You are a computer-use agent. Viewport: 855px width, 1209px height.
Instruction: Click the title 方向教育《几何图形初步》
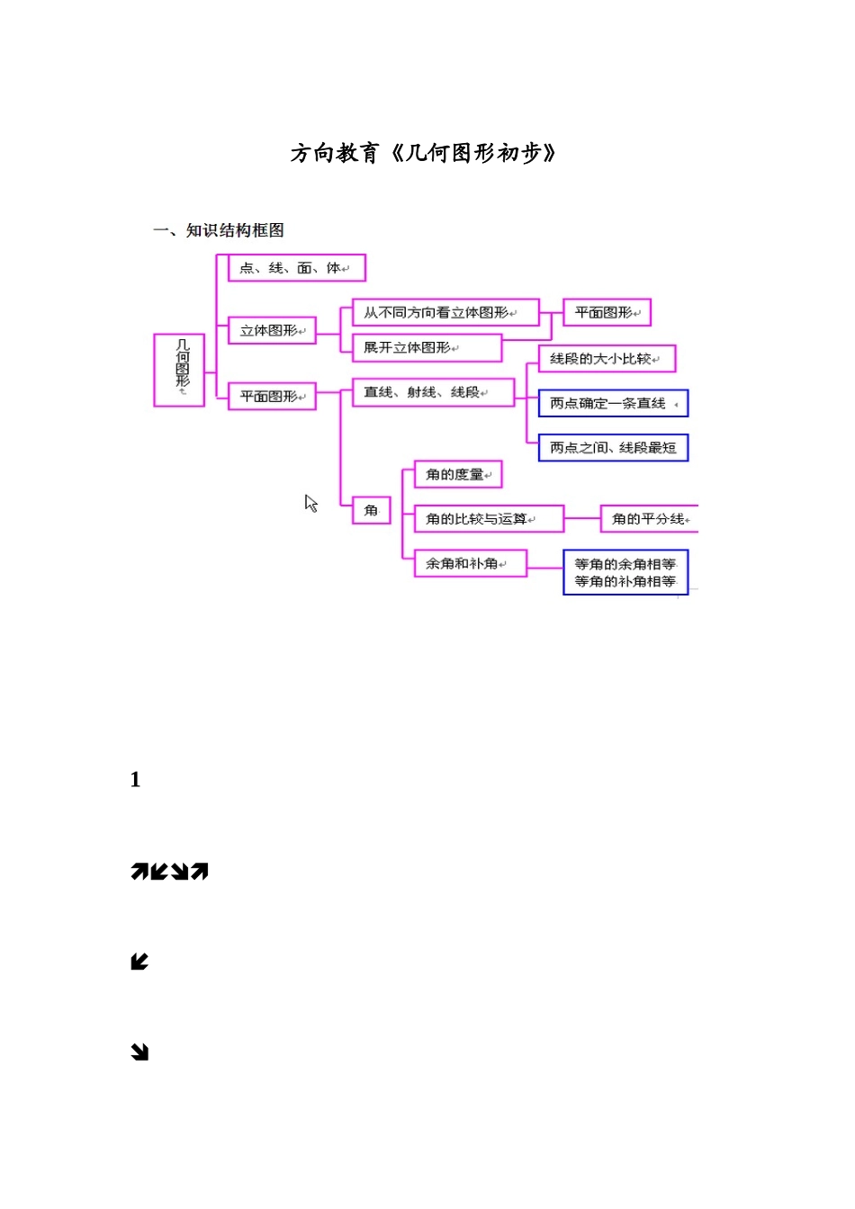[x=423, y=154]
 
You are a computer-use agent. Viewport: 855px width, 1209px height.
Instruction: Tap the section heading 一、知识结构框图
[x=219, y=230]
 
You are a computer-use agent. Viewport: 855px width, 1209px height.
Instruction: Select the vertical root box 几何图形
[x=180, y=370]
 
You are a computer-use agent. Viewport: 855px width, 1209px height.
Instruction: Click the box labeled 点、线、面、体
[x=296, y=268]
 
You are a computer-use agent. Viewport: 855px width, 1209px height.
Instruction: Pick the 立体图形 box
[x=272, y=331]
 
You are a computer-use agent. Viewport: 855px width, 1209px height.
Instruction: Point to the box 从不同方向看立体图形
[x=445, y=313]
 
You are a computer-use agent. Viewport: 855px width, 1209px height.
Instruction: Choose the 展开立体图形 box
[x=427, y=348]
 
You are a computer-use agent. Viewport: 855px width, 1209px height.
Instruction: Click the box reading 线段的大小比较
[x=607, y=359]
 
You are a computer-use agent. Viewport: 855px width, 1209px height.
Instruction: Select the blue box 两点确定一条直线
[x=613, y=404]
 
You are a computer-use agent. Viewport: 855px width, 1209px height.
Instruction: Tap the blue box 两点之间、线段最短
[x=613, y=448]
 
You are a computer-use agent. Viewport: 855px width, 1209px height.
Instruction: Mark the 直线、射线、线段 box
[x=433, y=392]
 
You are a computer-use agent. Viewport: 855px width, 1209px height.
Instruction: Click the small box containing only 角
[x=371, y=510]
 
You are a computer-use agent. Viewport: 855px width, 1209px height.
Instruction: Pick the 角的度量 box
[x=457, y=475]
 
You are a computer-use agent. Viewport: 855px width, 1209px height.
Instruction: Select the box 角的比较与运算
[x=488, y=519]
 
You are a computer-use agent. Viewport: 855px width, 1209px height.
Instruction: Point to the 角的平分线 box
[x=649, y=519]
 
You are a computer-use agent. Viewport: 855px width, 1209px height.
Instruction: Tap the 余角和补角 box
[x=470, y=564]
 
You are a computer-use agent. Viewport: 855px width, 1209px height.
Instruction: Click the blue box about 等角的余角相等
[x=625, y=573]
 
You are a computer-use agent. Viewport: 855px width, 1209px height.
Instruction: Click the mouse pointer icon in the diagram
[x=311, y=504]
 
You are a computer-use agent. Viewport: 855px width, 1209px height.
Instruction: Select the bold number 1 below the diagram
[x=135, y=780]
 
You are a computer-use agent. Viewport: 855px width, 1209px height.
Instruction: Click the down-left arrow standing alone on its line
[x=139, y=963]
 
